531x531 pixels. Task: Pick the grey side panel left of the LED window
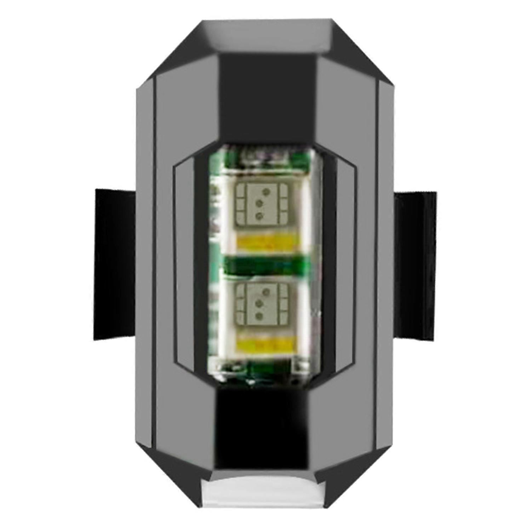[x=184, y=265]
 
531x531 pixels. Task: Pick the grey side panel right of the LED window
[x=345, y=265]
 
